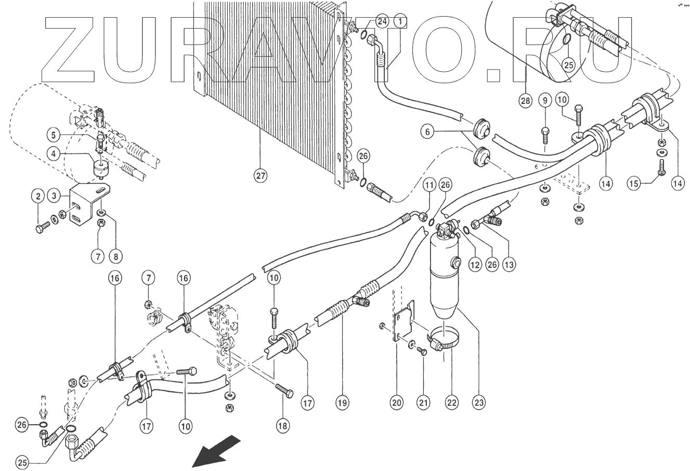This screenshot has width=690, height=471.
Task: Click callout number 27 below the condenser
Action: point(261,176)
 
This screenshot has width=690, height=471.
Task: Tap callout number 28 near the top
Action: point(525,100)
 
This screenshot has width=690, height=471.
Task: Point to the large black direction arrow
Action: point(216,452)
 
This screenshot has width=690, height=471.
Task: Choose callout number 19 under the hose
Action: point(342,402)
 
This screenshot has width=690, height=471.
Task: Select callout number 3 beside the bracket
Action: point(54,195)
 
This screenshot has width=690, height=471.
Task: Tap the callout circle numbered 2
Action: point(37,196)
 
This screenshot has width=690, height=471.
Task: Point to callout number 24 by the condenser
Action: point(382,21)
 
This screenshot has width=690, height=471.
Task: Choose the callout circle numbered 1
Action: point(400,21)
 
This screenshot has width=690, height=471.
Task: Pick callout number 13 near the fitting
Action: point(509,265)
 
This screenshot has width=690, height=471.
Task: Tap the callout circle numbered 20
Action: point(397,402)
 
